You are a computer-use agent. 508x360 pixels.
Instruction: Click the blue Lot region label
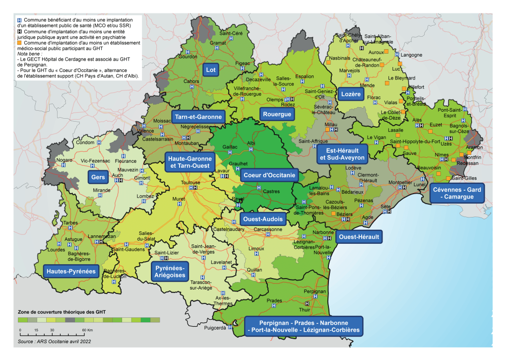coord(211,70)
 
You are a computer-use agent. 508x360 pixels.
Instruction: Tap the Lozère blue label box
coord(350,94)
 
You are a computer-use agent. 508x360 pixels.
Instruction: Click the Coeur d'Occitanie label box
coord(269,175)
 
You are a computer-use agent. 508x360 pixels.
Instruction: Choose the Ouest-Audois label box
coord(261,218)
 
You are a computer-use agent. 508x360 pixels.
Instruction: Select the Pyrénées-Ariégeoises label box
coord(170,272)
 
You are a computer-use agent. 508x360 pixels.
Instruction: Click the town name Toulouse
coord(190,183)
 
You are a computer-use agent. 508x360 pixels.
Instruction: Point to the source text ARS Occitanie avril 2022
coord(55,342)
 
